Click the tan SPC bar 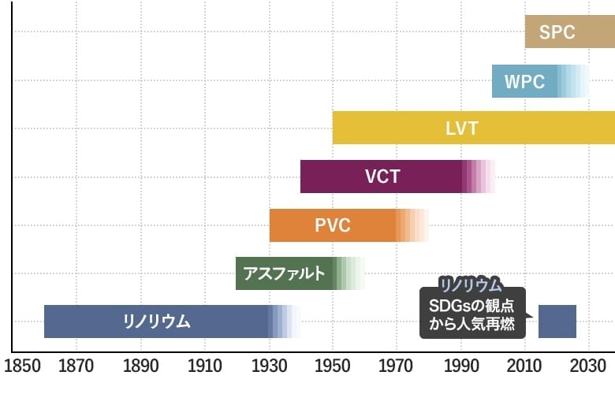(x=557, y=32)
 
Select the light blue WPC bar (x=525, y=81)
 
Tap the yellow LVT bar (x=473, y=128)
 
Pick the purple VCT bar (x=383, y=177)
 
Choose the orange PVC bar (x=333, y=225)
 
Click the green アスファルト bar (x=285, y=273)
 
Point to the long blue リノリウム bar (x=157, y=322)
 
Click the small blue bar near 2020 (x=557, y=322)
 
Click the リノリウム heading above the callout (x=471, y=284)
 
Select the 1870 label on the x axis (x=76, y=367)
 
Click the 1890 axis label (x=141, y=367)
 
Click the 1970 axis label (x=397, y=367)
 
